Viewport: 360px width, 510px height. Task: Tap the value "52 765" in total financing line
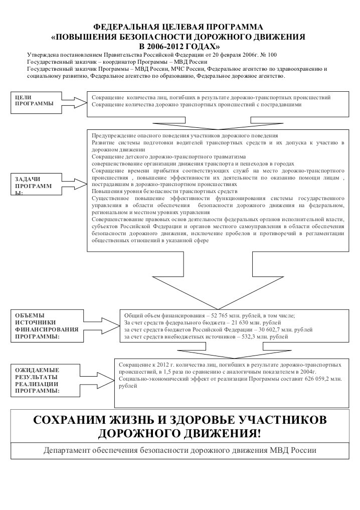tap(217, 315)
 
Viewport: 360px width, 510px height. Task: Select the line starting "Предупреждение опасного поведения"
tap(185, 136)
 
